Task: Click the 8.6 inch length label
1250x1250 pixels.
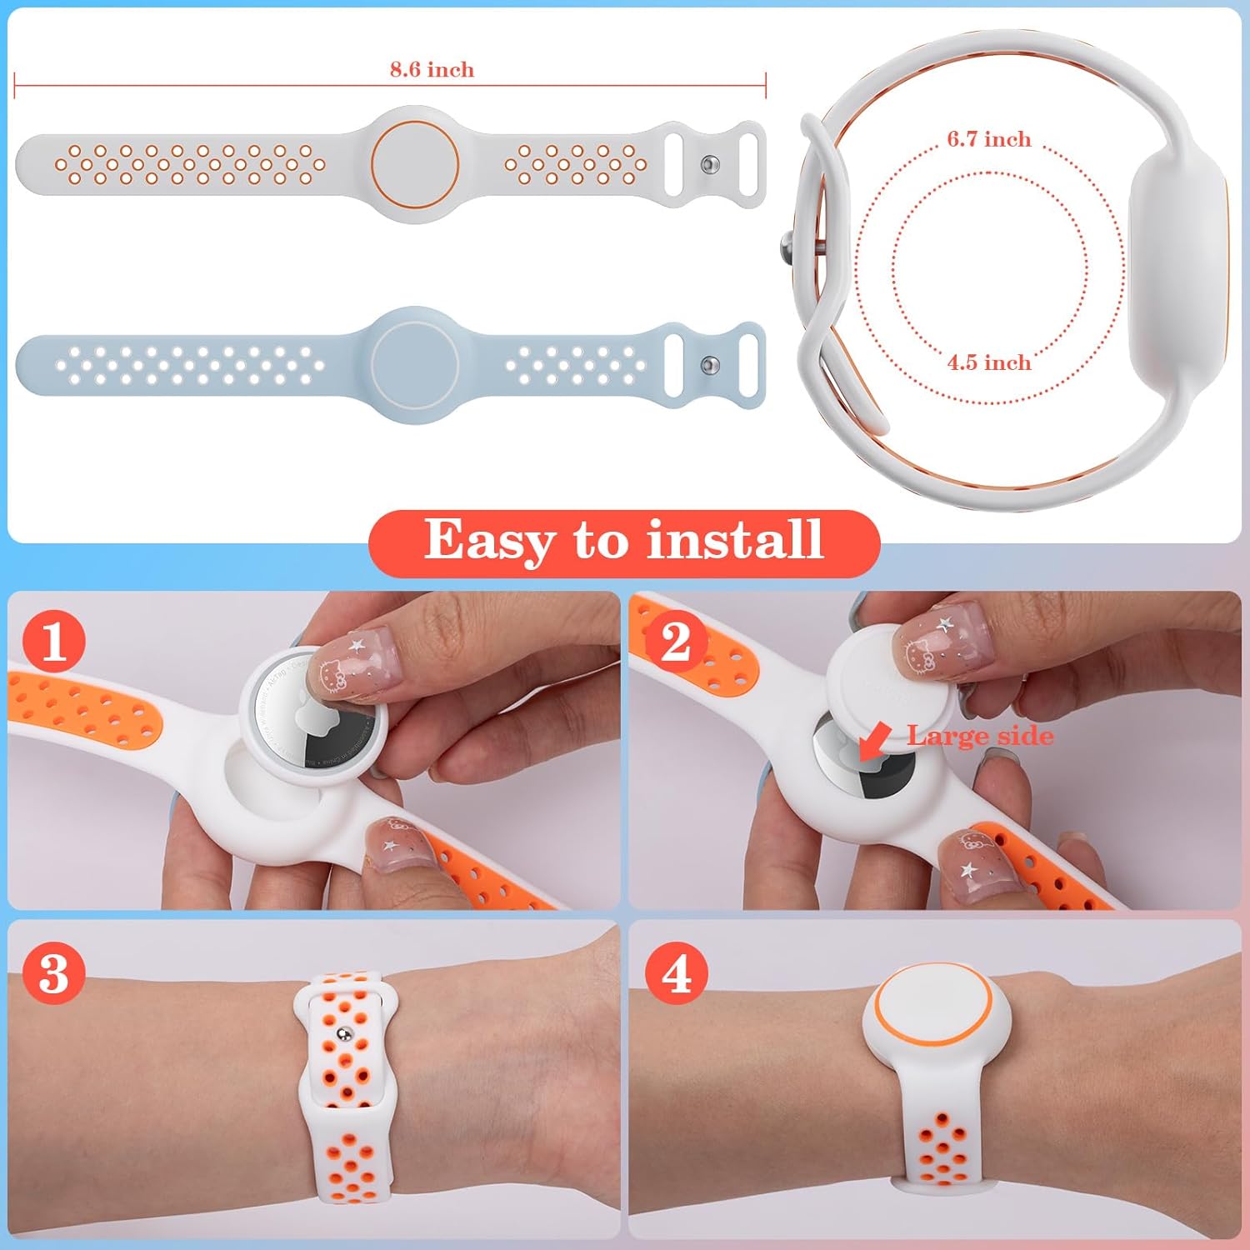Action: tap(432, 69)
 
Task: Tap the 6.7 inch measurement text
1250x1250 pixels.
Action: tap(989, 139)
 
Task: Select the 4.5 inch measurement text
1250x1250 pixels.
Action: tap(989, 362)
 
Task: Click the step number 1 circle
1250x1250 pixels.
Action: tap(54, 642)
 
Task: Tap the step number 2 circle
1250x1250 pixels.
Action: tap(676, 642)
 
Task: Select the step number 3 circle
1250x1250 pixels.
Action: tap(54, 972)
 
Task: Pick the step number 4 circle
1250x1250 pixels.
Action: tap(676, 972)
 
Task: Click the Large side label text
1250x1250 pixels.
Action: tap(980, 736)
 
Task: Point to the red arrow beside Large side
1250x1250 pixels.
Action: tap(874, 740)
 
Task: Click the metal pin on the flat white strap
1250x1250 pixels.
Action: tap(710, 164)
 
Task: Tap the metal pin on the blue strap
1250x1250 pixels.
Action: tap(710, 365)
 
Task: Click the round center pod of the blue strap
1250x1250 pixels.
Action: tap(414, 364)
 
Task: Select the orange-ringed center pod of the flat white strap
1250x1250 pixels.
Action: tap(414, 164)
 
